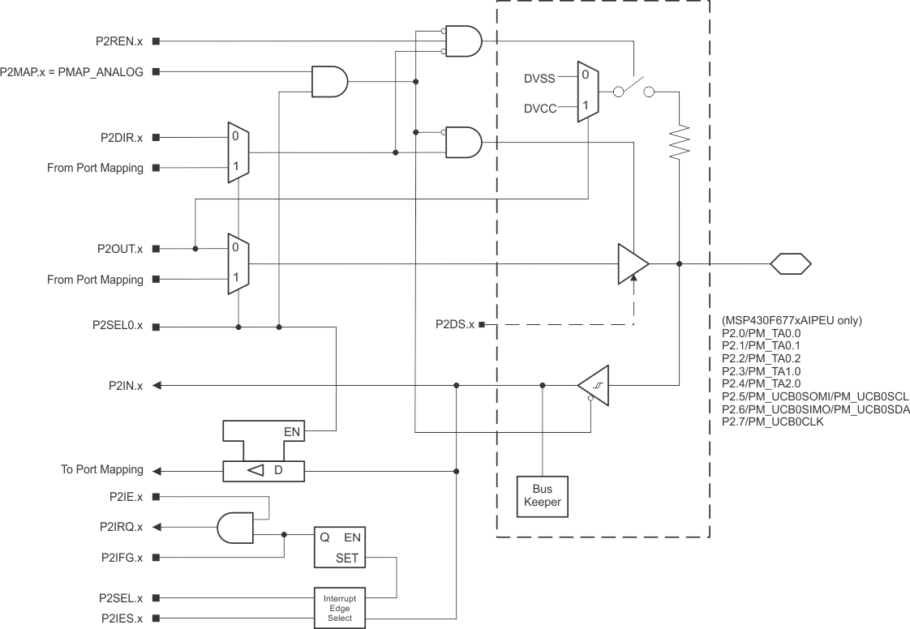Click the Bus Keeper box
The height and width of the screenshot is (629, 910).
pos(543,495)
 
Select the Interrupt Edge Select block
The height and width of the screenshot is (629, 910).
pos(340,606)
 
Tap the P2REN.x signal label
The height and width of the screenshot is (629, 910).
pos(118,40)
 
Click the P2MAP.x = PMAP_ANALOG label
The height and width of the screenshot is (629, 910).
pos(72,72)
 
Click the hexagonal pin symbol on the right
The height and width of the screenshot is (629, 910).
pos(790,263)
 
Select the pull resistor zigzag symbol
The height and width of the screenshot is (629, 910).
pos(680,142)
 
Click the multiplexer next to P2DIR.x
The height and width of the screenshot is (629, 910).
pos(238,152)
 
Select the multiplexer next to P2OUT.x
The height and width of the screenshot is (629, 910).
pos(238,264)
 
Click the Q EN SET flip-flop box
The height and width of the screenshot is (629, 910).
pos(340,548)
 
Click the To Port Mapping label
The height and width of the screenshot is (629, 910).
pos(102,470)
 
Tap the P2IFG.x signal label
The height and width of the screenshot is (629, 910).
pos(122,558)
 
